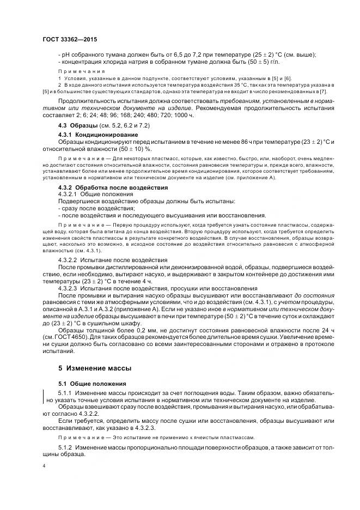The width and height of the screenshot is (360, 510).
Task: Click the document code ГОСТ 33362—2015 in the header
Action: click(x=66, y=39)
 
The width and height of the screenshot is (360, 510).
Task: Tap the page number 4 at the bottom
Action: click(x=44, y=467)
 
